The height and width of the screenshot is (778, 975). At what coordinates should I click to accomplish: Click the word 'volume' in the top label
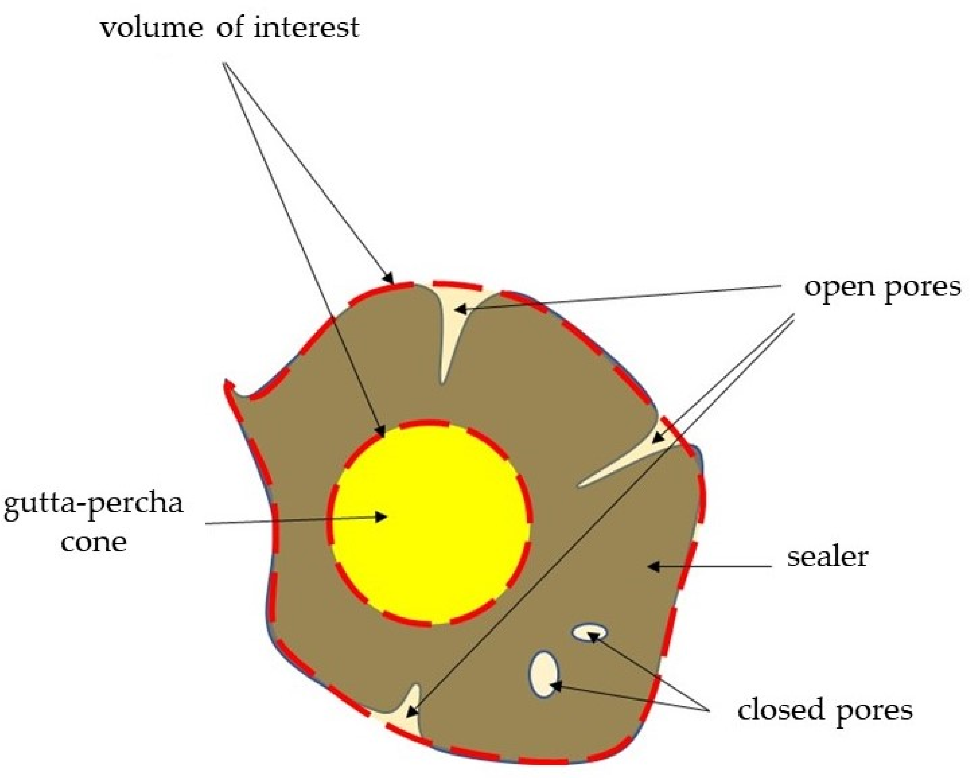click(x=152, y=28)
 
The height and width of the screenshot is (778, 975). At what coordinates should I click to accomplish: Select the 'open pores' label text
click(x=882, y=287)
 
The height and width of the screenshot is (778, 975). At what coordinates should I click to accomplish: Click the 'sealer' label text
click(x=828, y=556)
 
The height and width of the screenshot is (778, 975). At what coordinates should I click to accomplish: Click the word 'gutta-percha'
click(x=94, y=504)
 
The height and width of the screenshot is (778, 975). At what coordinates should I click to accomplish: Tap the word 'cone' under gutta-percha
click(x=94, y=542)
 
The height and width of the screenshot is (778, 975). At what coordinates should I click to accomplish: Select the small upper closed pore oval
click(x=589, y=633)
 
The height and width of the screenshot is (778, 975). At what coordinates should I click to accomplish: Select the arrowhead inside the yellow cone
click(x=381, y=517)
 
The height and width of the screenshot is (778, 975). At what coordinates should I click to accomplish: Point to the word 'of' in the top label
click(x=230, y=28)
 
